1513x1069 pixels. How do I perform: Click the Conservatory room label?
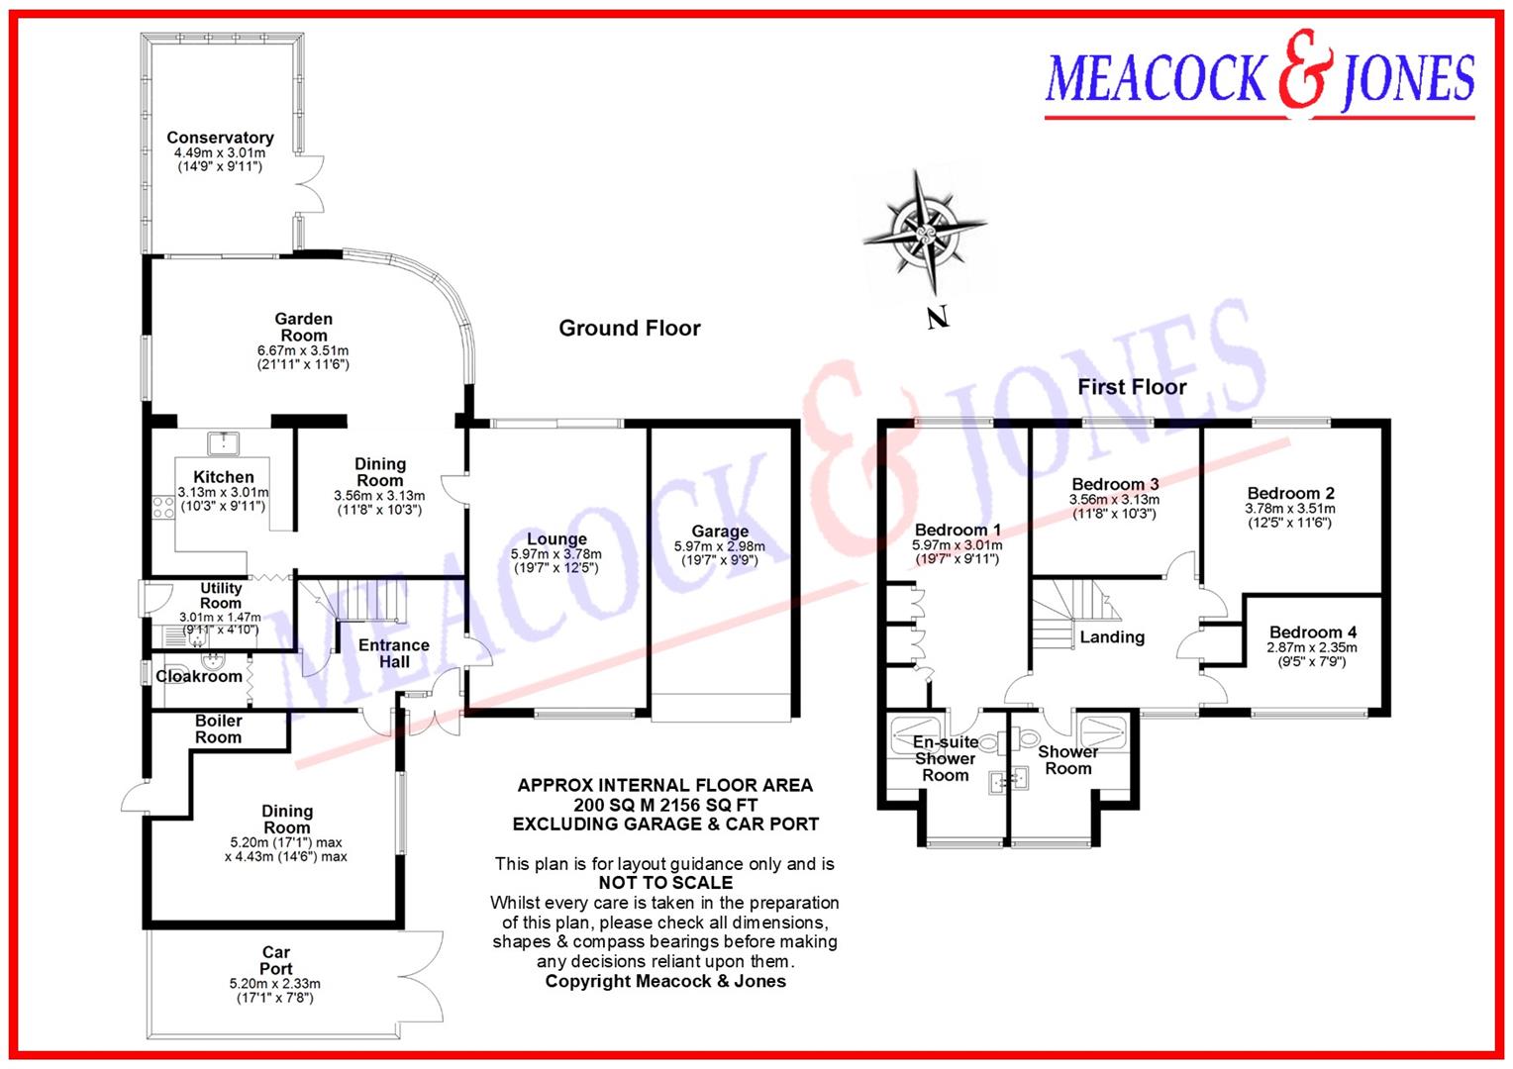click(x=220, y=138)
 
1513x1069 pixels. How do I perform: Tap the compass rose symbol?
click(x=925, y=233)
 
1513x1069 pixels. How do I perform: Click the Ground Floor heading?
click(x=629, y=329)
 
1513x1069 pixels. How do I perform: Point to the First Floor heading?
click(x=1132, y=387)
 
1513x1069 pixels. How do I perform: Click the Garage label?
click(x=720, y=532)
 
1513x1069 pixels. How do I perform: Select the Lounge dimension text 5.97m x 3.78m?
click(x=555, y=554)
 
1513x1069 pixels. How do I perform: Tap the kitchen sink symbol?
click(x=224, y=441)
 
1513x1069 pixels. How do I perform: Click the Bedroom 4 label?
click(x=1313, y=632)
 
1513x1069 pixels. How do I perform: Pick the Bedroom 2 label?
click(x=1290, y=493)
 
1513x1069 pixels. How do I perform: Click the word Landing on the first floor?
click(x=1112, y=637)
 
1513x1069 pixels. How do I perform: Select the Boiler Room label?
click(x=218, y=729)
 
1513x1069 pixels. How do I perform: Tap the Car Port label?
click(x=275, y=960)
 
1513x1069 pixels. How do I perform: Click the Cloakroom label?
click(x=199, y=676)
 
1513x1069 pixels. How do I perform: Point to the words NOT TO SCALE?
click(x=665, y=883)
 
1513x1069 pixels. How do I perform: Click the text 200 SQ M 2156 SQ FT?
click(x=665, y=805)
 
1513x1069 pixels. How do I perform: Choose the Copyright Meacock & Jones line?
click(x=665, y=981)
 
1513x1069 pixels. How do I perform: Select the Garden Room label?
click(x=303, y=327)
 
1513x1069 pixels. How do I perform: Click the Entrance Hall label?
click(x=394, y=653)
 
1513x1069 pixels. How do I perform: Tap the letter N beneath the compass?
click(x=938, y=318)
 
